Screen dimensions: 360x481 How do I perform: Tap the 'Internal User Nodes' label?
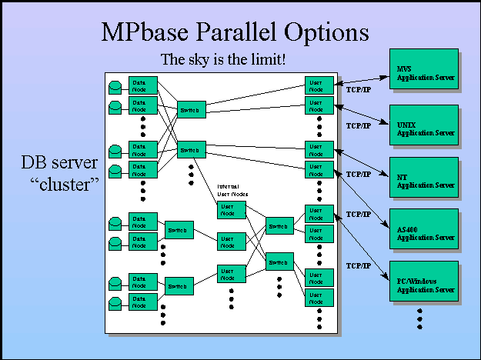[x=232, y=190]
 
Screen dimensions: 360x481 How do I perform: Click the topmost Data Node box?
[x=143, y=85]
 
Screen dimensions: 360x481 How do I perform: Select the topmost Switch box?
[x=192, y=110]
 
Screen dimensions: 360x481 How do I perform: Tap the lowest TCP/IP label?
[x=358, y=265]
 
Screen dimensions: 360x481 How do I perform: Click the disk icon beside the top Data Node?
[x=115, y=85]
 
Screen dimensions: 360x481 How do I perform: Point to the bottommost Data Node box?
[x=143, y=301]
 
